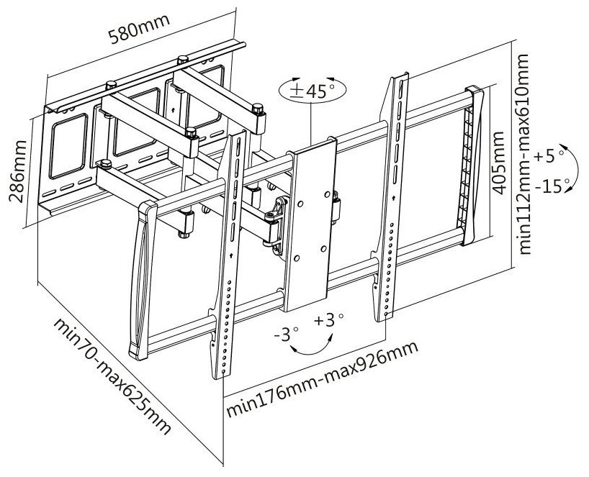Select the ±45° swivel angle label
click(x=311, y=91)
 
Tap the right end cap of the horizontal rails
click(x=475, y=165)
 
